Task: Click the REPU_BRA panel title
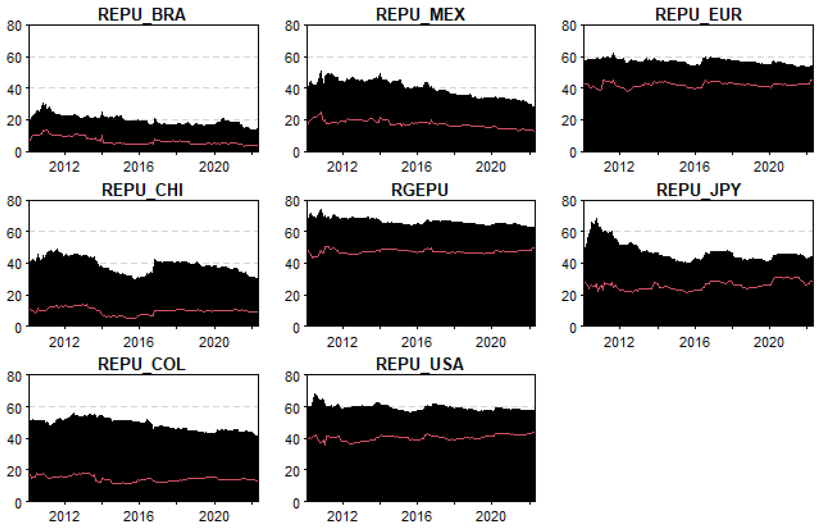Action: point(142,15)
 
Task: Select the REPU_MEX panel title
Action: point(420,15)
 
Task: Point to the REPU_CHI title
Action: point(142,190)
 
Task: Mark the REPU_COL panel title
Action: point(142,364)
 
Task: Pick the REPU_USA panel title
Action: point(420,364)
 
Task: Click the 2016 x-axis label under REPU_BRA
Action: point(138,167)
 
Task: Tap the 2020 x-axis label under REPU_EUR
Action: point(768,167)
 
